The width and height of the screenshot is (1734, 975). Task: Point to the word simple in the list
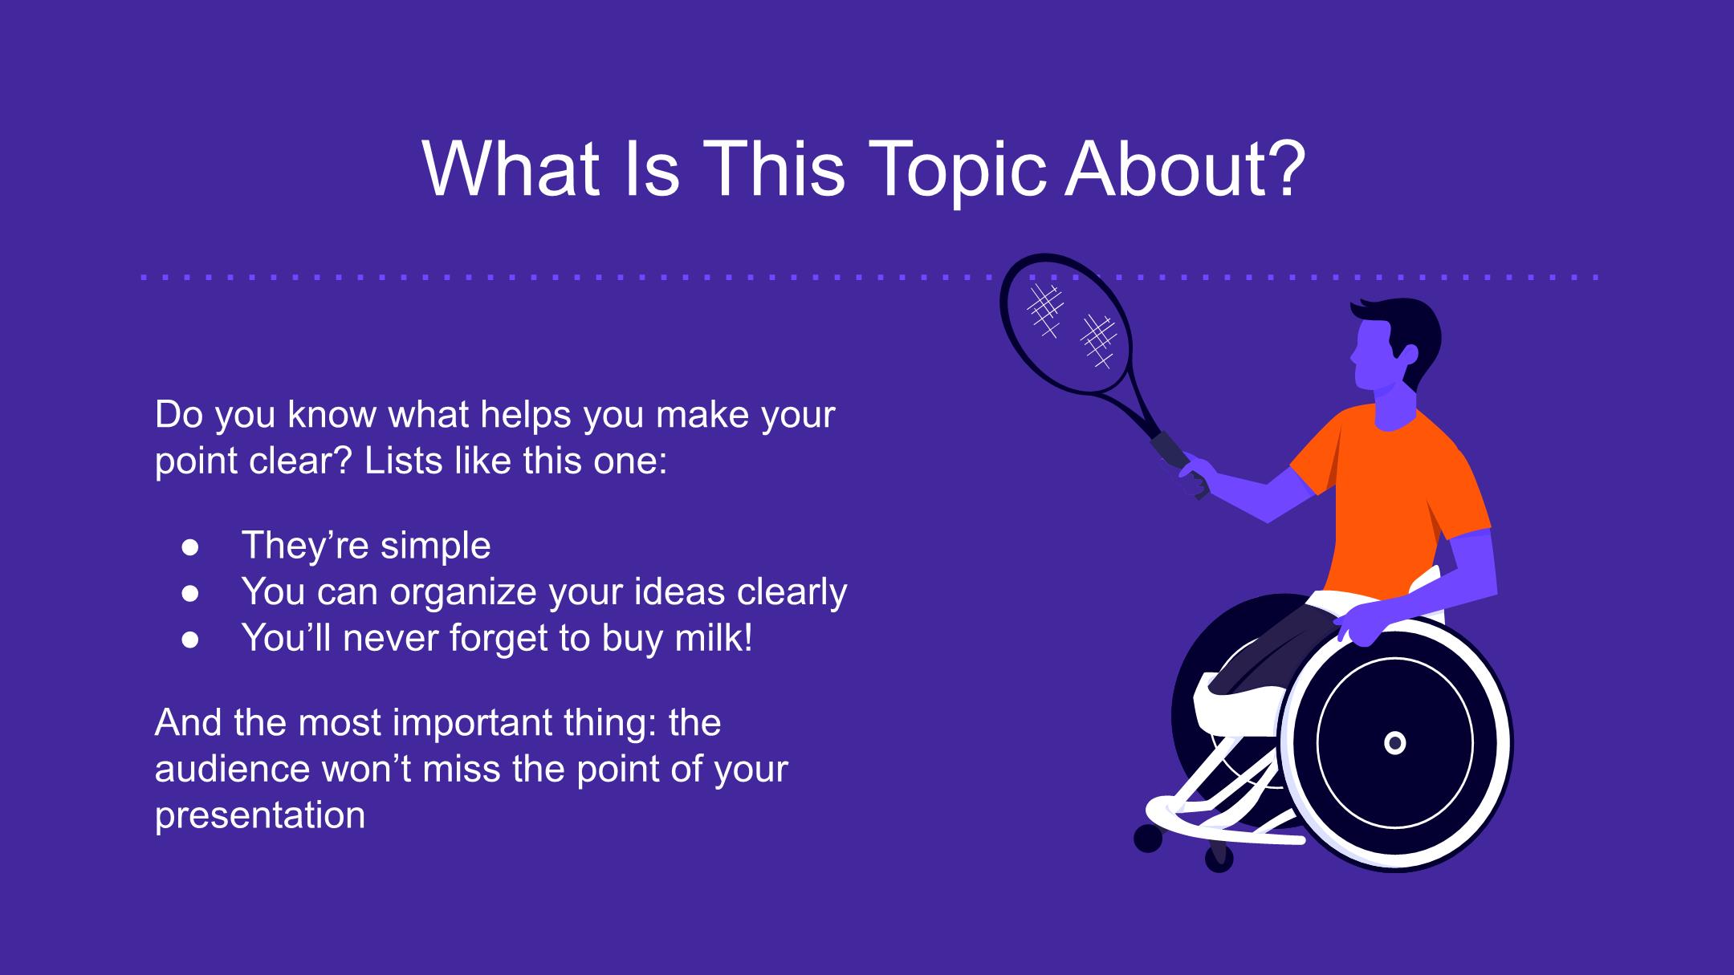[435, 546]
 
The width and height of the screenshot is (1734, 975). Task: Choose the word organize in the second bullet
[463, 593]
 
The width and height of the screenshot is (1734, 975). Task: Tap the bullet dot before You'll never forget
[190, 640]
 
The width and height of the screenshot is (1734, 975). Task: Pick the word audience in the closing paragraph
[232, 770]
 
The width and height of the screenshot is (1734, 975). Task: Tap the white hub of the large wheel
[1395, 743]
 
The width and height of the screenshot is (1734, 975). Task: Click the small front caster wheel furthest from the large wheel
[1148, 839]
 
